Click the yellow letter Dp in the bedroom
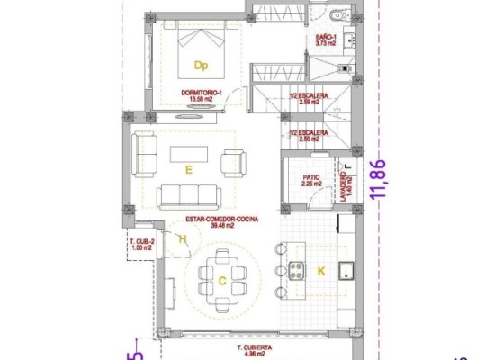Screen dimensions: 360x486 pyautogui.click(x=201, y=65)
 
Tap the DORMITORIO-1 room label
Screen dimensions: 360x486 pyautogui.click(x=200, y=94)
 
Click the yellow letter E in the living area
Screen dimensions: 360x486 pyautogui.click(x=188, y=168)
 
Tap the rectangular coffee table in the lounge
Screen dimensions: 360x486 pyautogui.click(x=189, y=154)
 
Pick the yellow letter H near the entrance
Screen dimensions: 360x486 pyautogui.click(x=183, y=239)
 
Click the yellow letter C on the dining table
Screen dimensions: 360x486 pyautogui.click(x=221, y=279)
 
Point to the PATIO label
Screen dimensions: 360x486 pyautogui.click(x=311, y=180)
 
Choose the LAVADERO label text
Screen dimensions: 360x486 pyautogui.click(x=346, y=188)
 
